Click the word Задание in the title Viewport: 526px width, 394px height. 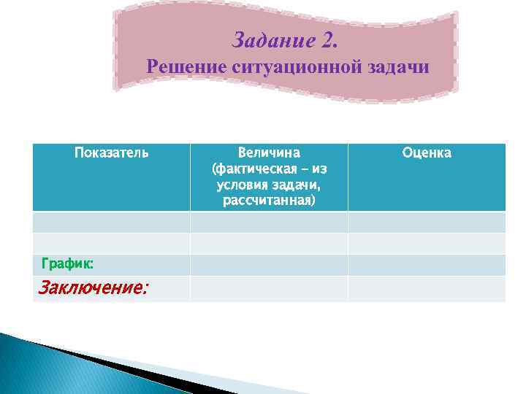click(273, 39)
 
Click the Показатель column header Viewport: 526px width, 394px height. click(111, 153)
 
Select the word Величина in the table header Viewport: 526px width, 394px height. click(269, 153)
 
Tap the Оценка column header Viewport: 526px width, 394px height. click(426, 153)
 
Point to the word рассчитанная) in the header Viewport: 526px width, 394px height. click(269, 199)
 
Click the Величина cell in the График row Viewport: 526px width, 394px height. click(269, 265)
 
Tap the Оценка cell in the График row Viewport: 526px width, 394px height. click(426, 265)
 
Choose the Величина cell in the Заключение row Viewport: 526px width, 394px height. click(269, 288)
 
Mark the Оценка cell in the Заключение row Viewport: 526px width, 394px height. click(426, 288)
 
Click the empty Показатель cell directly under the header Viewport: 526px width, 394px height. click(111, 222)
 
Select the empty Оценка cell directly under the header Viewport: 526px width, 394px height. click(426, 222)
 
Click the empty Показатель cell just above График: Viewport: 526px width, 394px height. click(111, 243)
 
